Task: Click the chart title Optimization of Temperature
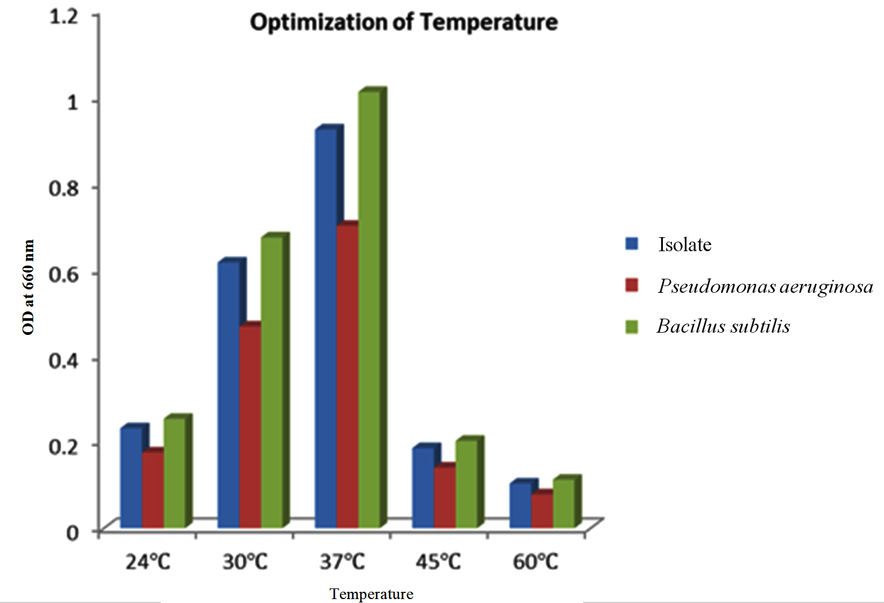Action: [403, 22]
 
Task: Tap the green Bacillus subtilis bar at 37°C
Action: [369, 309]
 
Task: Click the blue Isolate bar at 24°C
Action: [131, 478]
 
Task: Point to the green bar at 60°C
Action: [563, 504]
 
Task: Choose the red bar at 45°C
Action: [445, 497]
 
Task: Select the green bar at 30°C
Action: [272, 382]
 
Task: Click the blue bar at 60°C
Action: [520, 505]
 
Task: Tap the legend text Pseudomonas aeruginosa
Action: [765, 286]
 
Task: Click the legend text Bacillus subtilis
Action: [723, 326]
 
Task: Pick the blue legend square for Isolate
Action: [632, 244]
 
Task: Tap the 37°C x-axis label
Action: [342, 561]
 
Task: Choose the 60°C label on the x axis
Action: [535, 561]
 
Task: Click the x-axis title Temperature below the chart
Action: [371, 594]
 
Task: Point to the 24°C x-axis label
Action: [147, 561]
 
